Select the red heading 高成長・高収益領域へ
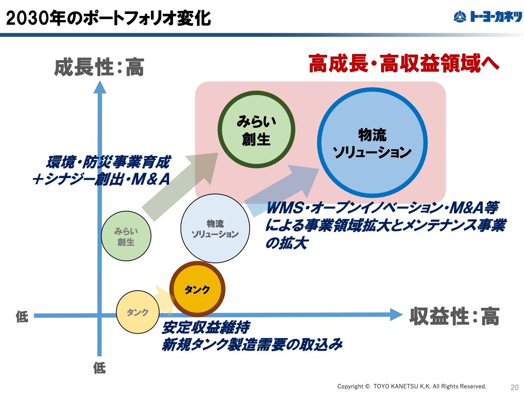click(404, 64)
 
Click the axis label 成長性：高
click(99, 68)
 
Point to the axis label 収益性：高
click(454, 316)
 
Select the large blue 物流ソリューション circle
click(372, 143)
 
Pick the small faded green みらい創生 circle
click(126, 236)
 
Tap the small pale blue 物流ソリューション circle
click(215, 228)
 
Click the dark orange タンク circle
click(197, 289)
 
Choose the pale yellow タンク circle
click(137, 312)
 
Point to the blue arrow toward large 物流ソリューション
click(282, 189)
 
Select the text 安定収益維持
click(206, 327)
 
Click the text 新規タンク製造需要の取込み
click(252, 345)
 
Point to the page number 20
click(515, 387)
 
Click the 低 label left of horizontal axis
click(22, 316)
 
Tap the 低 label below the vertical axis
click(99, 368)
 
